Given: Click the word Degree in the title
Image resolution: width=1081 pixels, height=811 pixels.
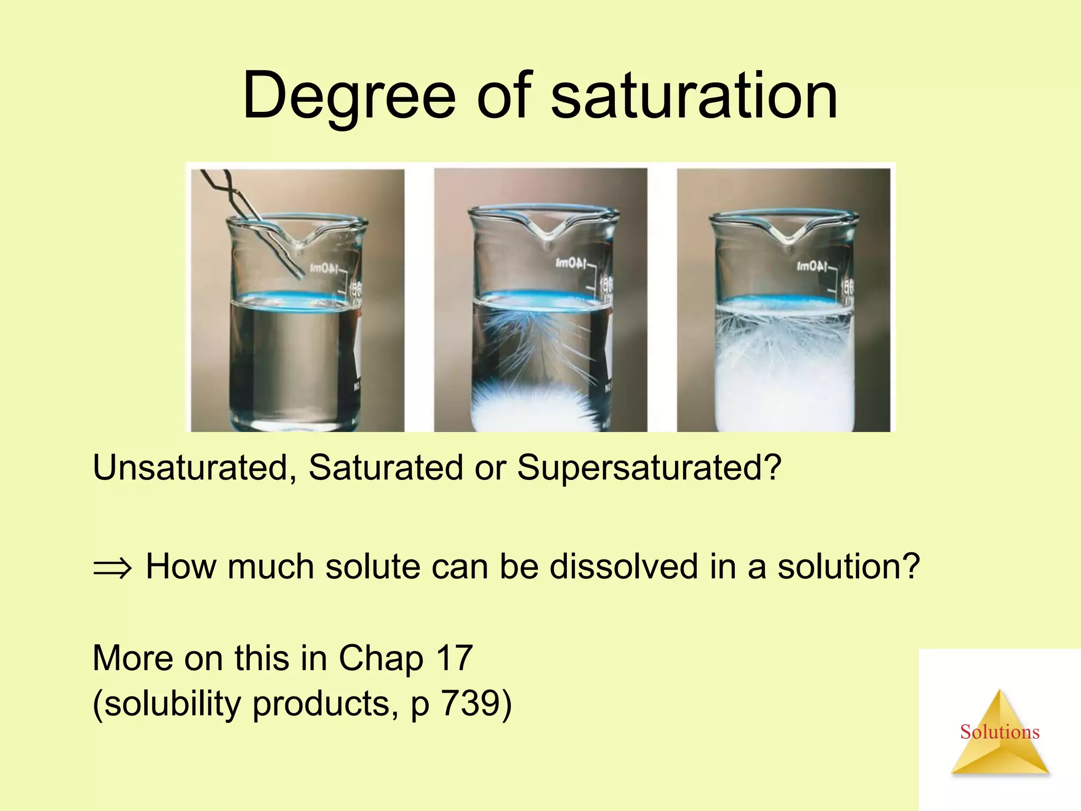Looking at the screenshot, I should pos(348,96).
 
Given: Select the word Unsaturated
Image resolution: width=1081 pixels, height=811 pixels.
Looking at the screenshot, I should pos(191,468).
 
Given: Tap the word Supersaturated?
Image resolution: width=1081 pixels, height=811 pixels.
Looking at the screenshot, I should pos(649,468).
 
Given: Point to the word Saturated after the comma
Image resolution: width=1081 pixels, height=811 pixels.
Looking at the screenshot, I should pos(386,468).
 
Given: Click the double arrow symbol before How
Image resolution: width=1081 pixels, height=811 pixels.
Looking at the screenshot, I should pos(112,568).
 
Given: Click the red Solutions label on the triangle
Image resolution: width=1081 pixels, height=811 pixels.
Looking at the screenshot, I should pos(999,732).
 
